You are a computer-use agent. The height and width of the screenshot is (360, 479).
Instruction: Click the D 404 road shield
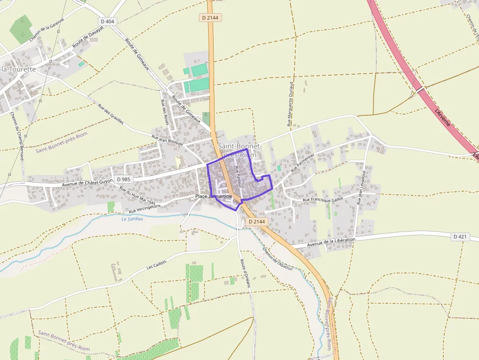(x=108, y=21)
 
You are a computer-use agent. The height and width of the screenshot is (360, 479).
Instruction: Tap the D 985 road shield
(x=123, y=179)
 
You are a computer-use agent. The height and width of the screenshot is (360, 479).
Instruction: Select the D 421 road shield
(x=460, y=236)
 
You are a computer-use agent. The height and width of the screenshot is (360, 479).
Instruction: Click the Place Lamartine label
(x=214, y=196)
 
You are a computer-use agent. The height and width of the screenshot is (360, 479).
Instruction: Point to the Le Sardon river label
(x=132, y=219)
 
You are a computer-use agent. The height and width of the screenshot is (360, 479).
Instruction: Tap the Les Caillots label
(x=156, y=265)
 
